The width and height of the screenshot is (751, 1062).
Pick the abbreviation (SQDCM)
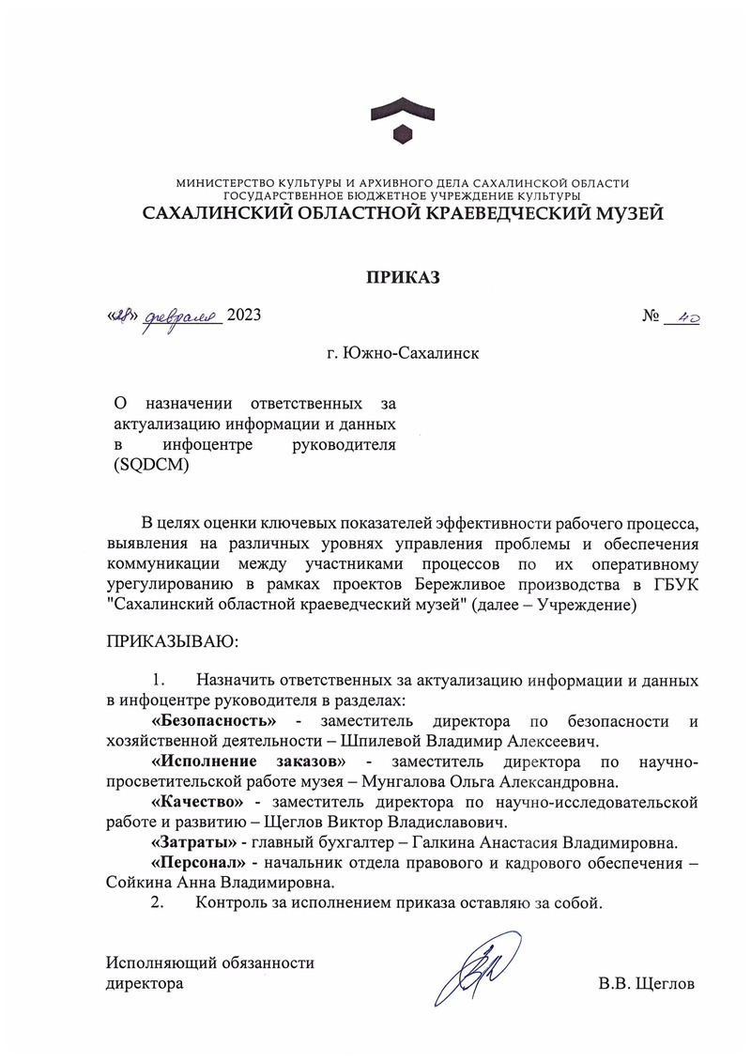(151, 466)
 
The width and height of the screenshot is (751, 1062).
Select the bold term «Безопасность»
(213, 721)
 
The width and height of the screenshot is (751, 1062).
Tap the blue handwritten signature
(478, 968)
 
